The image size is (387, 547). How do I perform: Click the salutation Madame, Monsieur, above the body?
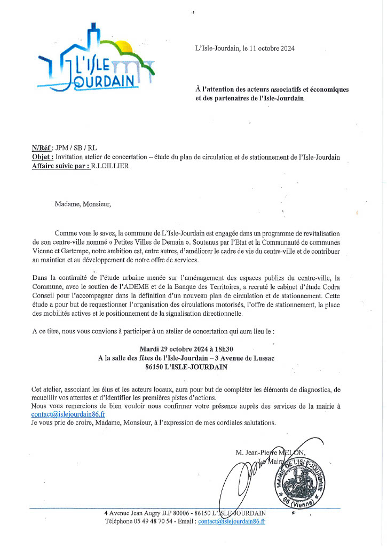(83, 203)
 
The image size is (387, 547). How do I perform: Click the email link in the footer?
(232, 521)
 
